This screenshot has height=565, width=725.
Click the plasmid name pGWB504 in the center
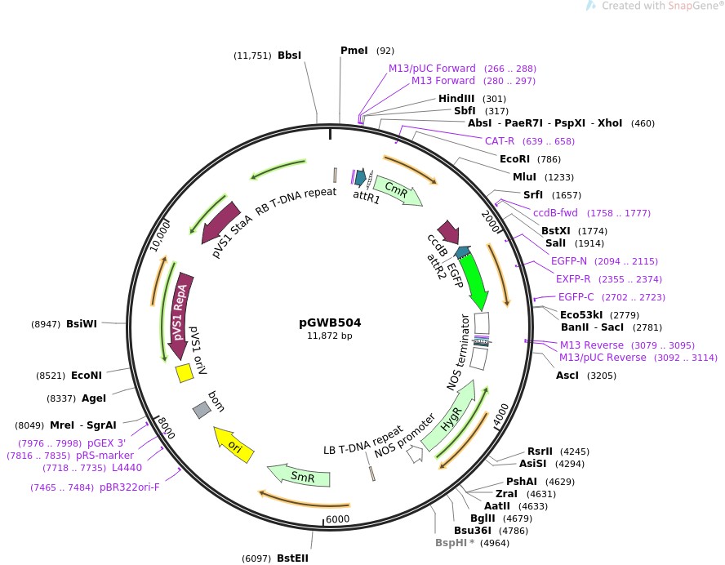coord(330,323)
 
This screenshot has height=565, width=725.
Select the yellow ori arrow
coord(234,447)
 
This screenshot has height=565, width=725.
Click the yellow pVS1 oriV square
coord(185,373)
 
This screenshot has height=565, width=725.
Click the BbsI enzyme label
coord(289,56)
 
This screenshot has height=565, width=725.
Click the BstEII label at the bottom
coord(292,558)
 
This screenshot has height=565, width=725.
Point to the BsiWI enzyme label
coord(82,323)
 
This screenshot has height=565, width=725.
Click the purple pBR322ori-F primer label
coord(130,487)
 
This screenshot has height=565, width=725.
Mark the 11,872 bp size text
coord(330,336)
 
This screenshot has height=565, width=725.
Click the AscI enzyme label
coord(568,376)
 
